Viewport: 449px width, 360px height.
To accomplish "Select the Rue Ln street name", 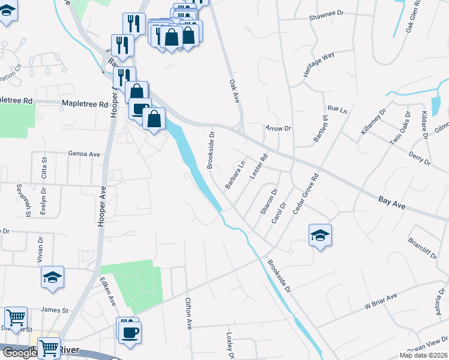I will [337, 110].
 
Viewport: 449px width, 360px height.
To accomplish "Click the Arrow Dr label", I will [278, 128].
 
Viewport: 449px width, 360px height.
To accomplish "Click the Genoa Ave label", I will [84, 154].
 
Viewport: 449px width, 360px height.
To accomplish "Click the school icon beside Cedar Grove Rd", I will [321, 235].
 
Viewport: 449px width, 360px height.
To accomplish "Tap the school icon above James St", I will [53, 277].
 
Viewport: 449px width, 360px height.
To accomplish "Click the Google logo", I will [19, 353].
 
